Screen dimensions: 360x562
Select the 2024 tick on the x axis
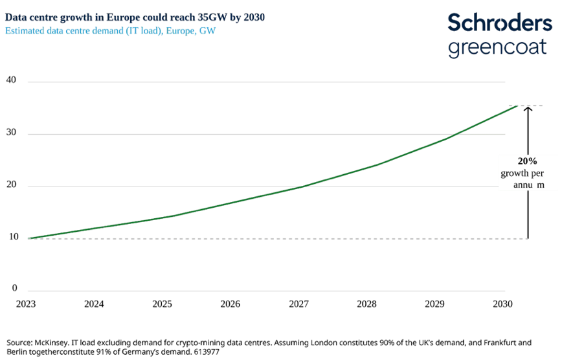94,304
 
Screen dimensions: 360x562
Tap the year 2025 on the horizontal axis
163,304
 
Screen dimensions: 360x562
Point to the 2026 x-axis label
230,304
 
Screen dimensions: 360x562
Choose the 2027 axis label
299,304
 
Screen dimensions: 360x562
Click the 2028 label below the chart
367,304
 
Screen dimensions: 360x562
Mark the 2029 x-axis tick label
436,304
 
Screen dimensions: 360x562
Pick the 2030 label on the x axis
504,304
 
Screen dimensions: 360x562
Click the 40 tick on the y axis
12,82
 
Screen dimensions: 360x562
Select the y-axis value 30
12,134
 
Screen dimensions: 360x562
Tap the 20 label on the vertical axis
12,186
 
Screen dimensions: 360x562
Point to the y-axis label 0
14,289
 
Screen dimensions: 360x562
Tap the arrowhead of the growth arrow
528,109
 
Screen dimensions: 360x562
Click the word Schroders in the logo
500,22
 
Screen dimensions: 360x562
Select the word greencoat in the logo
497,47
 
